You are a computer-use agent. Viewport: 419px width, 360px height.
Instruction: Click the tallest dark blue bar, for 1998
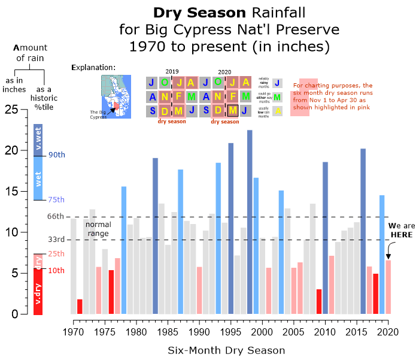pyautogui.click(x=250, y=222)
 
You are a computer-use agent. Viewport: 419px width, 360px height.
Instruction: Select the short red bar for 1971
pyautogui.click(x=80, y=306)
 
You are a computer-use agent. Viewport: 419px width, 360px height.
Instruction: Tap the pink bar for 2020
pyautogui.click(x=388, y=287)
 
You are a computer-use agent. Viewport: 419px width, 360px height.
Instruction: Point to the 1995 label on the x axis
pyautogui.click(x=230, y=331)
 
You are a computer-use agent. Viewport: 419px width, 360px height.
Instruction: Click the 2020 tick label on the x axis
pyautogui.click(x=388, y=331)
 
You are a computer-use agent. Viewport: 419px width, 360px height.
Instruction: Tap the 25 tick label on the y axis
pyautogui.click(x=11, y=110)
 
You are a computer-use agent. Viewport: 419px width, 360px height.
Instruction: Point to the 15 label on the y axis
pyautogui.click(x=11, y=192)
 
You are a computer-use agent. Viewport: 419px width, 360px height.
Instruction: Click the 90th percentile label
pyautogui.click(x=56, y=155)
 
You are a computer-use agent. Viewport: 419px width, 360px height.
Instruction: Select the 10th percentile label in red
pyautogui.click(x=56, y=270)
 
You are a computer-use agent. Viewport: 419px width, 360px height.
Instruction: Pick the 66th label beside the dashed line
pyautogui.click(x=56, y=216)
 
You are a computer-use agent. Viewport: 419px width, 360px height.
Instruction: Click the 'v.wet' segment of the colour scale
pyautogui.click(x=38, y=140)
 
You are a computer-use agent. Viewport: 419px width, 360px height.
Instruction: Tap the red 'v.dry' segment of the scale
pyautogui.click(x=38, y=292)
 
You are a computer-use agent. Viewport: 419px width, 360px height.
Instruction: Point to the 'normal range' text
pyautogui.click(x=98, y=228)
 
